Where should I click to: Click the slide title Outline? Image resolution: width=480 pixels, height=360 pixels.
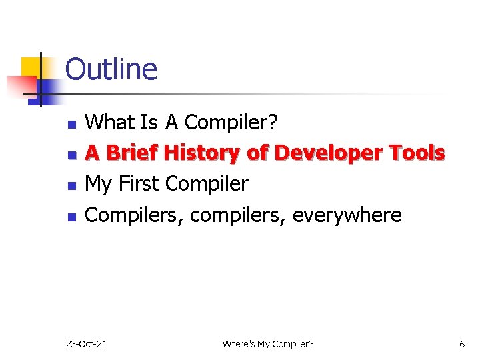[x=111, y=69]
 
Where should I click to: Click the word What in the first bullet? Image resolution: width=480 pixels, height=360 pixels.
[x=110, y=123]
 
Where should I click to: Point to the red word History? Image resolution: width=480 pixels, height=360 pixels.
[x=202, y=153]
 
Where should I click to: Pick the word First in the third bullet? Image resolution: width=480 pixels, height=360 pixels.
[x=139, y=183]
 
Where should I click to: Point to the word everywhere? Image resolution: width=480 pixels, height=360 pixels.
[x=347, y=215]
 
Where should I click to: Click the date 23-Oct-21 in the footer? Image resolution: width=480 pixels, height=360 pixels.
[x=87, y=344]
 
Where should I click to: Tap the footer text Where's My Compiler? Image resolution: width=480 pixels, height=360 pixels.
[x=267, y=344]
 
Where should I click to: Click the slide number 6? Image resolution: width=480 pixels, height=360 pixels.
[x=462, y=344]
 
